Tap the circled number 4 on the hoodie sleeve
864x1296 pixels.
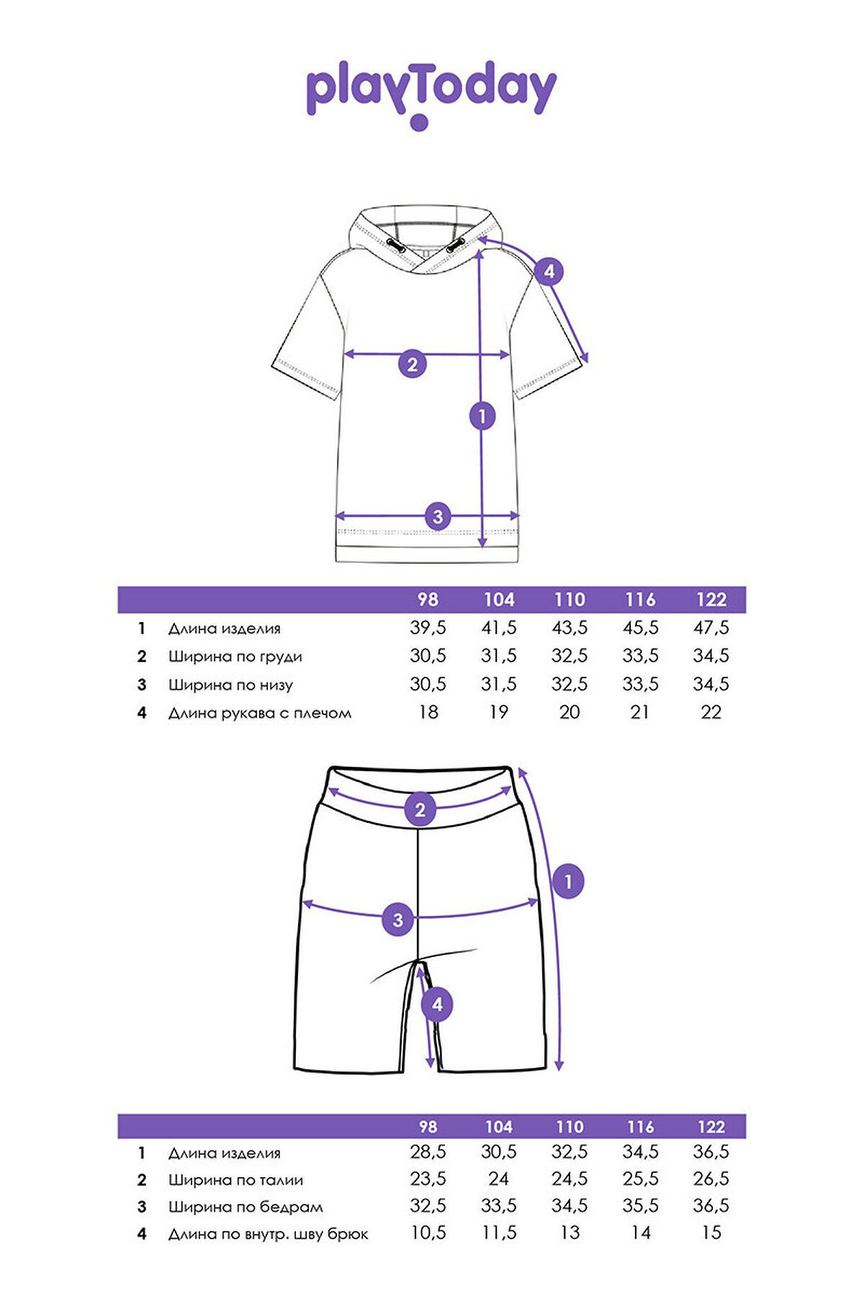549,271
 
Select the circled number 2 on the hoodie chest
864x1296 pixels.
413,364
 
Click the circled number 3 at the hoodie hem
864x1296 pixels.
438,516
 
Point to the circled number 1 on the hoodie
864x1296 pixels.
482,415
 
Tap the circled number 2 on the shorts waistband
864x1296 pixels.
420,809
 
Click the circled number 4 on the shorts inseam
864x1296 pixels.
437,1004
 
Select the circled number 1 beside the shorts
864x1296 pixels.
568,881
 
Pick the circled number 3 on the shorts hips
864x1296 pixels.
397,919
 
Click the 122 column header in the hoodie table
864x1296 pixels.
711,600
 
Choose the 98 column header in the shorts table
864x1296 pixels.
428,1127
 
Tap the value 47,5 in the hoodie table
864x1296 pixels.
711,628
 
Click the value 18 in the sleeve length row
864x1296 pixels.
428,712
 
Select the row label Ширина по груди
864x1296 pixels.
235,657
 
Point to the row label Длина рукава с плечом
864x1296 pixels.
260,714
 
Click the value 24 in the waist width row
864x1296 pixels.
498,1179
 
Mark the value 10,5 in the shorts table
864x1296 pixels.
428,1233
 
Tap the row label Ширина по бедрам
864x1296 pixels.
246,1207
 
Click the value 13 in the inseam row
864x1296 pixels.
570,1233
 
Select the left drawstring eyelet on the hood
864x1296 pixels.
395,245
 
